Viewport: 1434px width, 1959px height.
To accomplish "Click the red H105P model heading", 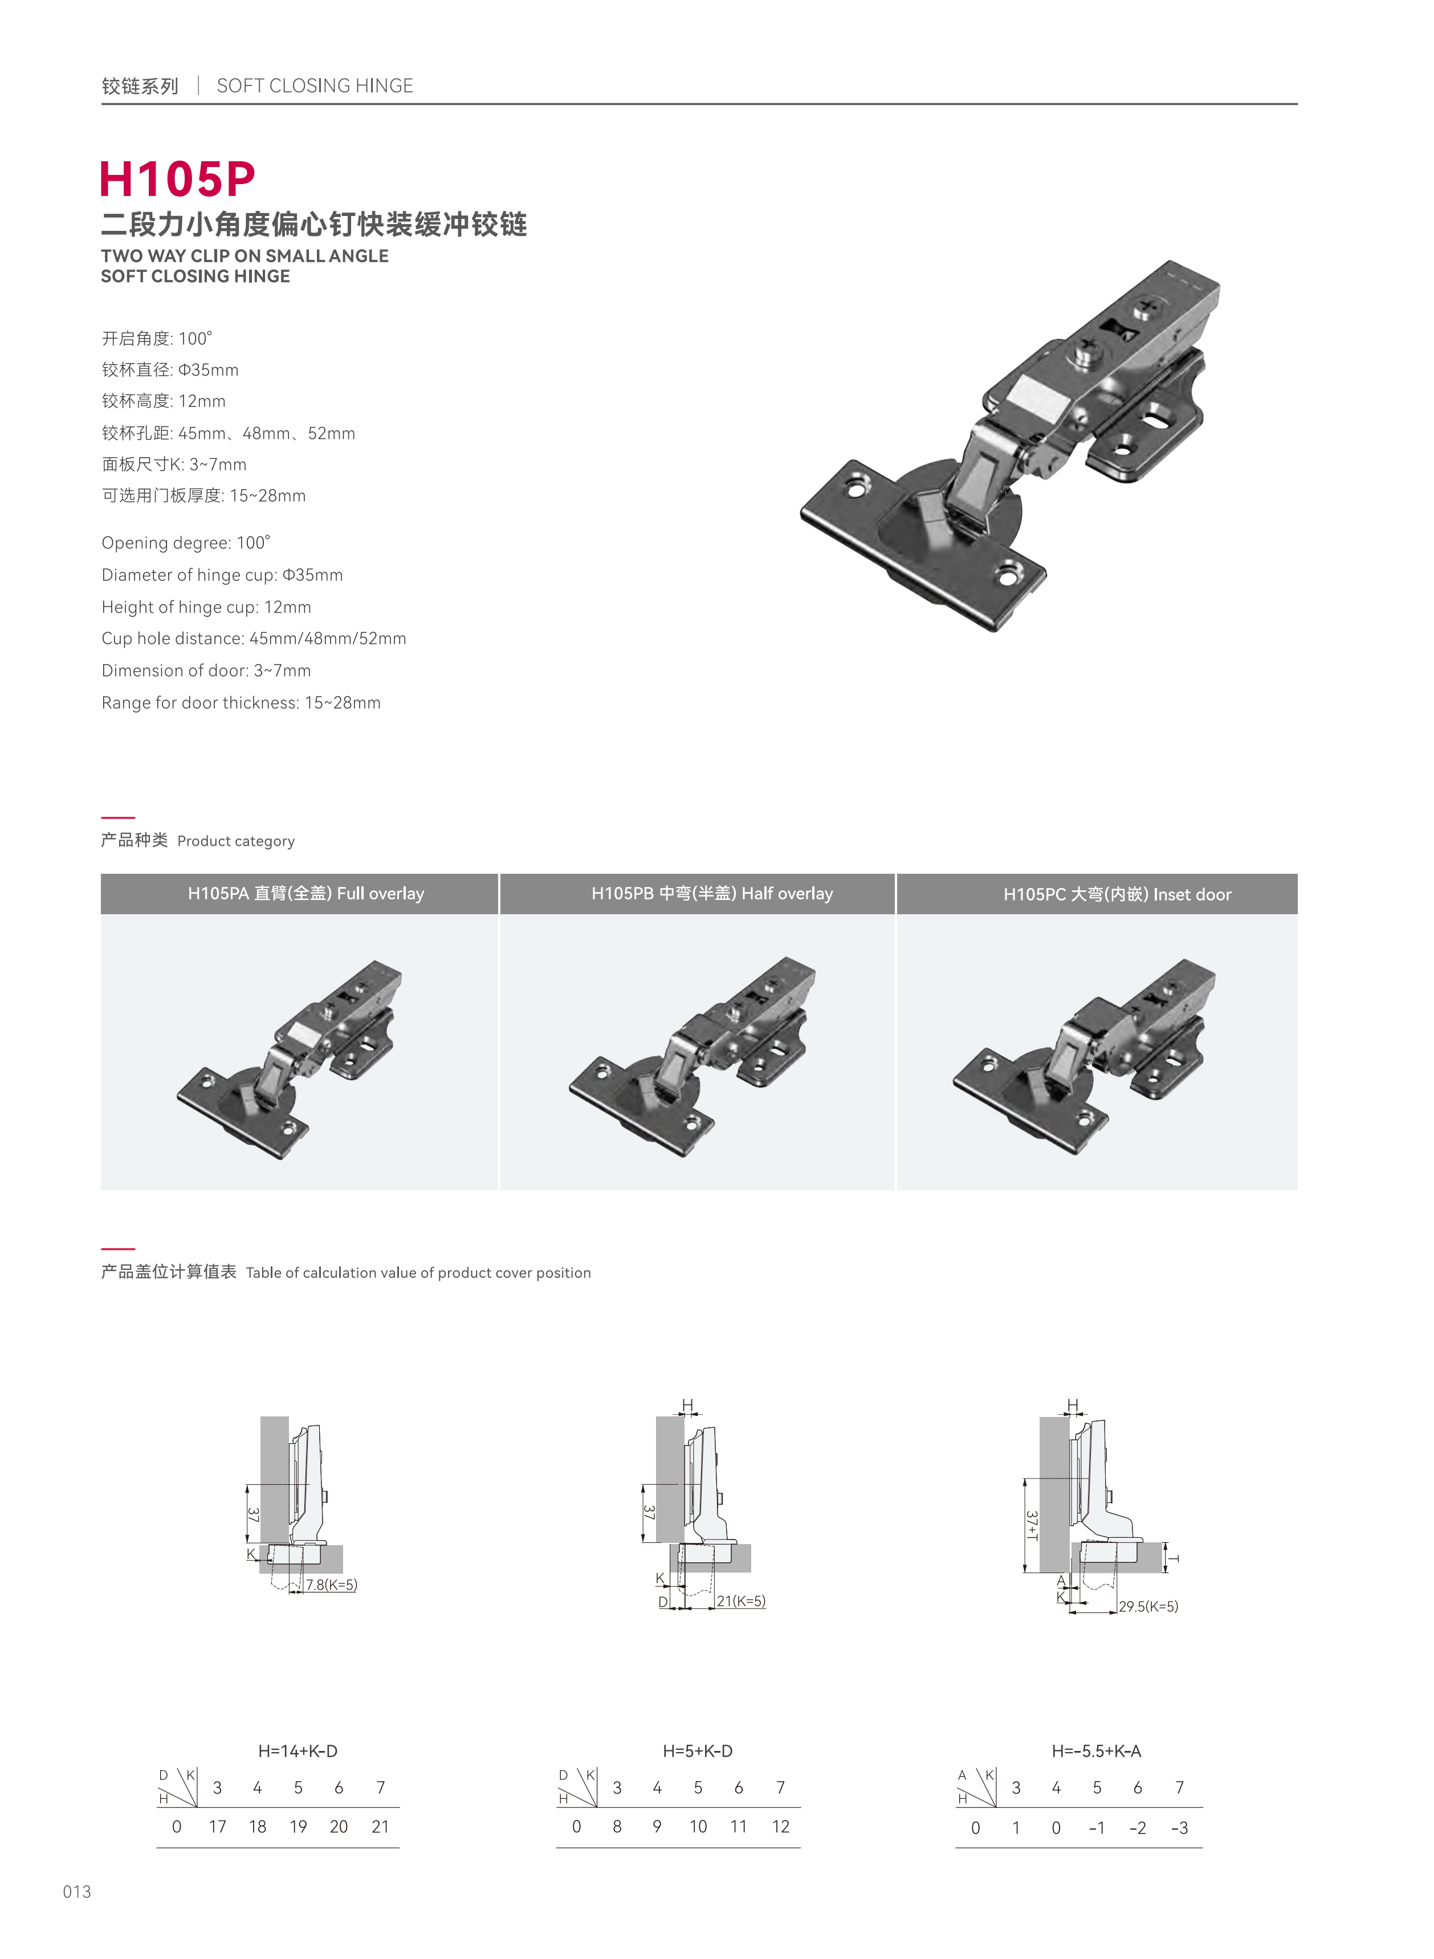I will point(177,179).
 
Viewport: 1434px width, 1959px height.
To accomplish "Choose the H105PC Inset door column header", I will point(1117,895).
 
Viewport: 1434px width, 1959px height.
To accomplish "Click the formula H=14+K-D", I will point(298,1751).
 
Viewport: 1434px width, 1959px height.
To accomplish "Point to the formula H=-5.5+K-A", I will point(1097,1751).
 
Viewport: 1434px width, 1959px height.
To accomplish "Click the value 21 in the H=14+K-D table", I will point(380,1826).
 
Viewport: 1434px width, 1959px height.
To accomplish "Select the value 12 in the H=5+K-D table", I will point(780,1826).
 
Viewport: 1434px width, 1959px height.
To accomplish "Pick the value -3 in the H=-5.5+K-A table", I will point(1179,1828).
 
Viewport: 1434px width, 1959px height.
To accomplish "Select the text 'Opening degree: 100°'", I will point(186,543).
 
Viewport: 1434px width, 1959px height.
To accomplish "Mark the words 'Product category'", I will point(236,841).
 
